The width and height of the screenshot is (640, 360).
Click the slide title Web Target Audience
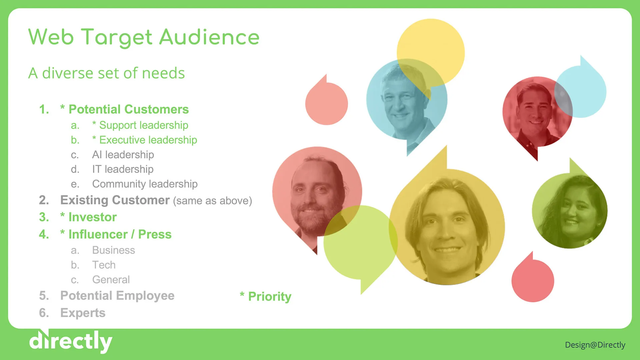[144, 37]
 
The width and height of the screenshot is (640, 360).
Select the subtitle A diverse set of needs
[106, 73]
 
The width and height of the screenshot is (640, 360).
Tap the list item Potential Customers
[128, 109]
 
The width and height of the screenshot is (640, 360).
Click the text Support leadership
[144, 125]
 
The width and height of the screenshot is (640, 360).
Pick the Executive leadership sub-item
[148, 140]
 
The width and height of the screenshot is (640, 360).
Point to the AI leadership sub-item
[123, 155]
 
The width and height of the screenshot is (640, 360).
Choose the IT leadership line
[123, 169]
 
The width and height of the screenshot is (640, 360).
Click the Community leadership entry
[145, 184]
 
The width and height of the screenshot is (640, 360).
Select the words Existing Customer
[115, 200]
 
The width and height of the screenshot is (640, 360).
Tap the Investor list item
[92, 217]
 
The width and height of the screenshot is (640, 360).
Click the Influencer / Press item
[120, 234]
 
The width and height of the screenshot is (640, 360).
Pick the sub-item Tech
[104, 265]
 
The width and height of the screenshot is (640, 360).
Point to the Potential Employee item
[117, 296]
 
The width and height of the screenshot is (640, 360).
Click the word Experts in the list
[83, 313]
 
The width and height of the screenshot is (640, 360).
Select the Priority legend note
[266, 296]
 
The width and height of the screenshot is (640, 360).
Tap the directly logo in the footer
[71, 341]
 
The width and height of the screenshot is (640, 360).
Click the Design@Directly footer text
[595, 345]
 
